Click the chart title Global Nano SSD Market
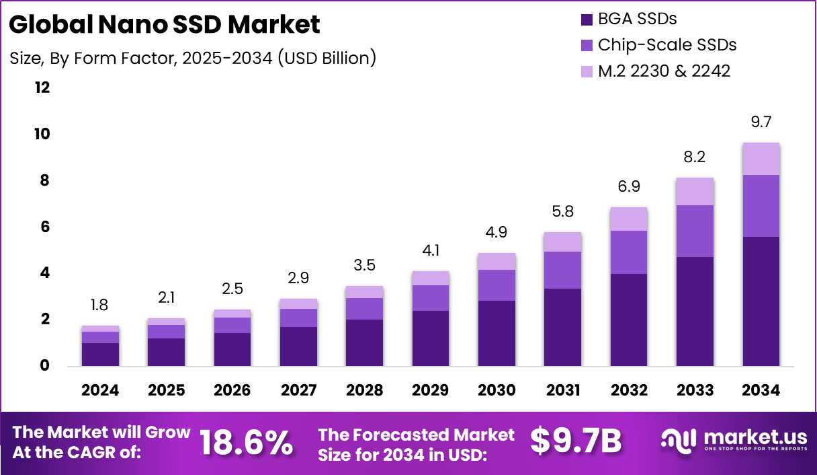coord(165,25)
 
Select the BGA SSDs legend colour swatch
coord(586,19)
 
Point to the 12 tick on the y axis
coord(42,87)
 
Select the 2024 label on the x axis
coord(100,391)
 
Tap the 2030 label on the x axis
coord(497,391)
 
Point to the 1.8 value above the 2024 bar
coord(100,305)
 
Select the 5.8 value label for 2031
coord(563,211)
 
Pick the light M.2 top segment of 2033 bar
coord(695,192)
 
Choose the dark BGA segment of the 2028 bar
coord(365,342)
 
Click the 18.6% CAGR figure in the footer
coord(247,442)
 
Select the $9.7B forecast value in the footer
coord(576,441)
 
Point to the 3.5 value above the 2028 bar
coord(365,266)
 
